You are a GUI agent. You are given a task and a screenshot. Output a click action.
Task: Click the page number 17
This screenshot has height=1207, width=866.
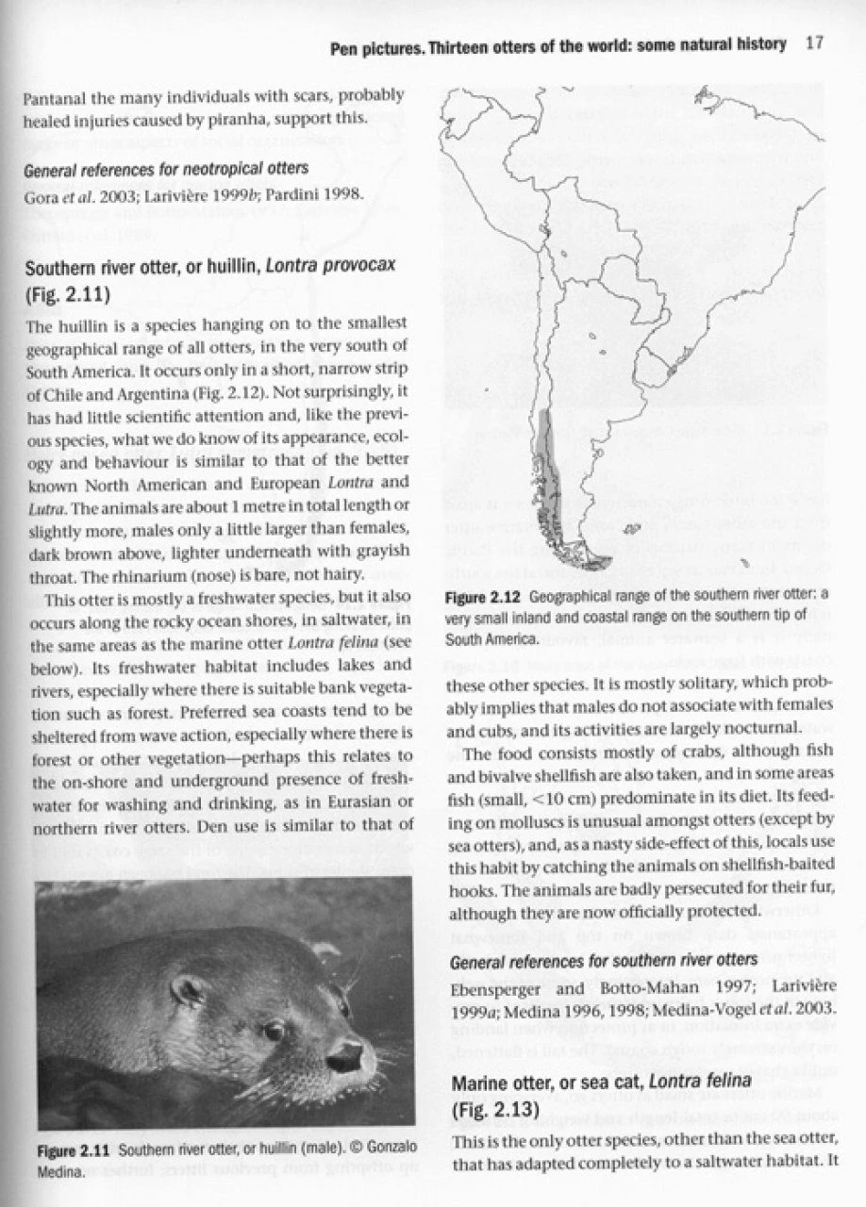click(x=817, y=43)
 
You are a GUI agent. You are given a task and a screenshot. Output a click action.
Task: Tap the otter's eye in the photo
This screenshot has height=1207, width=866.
click(x=275, y=1030)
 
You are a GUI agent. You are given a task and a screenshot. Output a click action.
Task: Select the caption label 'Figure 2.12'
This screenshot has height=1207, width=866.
click(x=485, y=597)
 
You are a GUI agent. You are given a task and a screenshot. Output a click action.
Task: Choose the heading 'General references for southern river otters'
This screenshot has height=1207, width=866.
click(x=604, y=961)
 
